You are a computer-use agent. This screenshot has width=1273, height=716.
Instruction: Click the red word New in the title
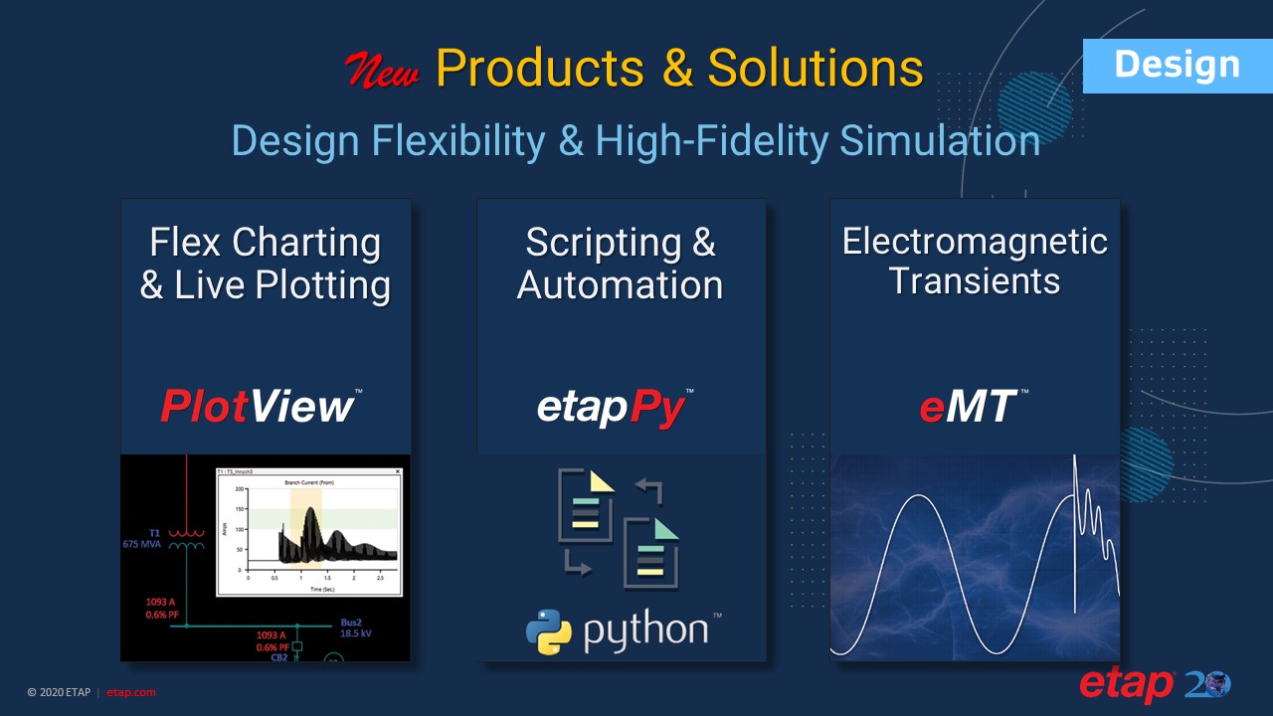click(x=382, y=71)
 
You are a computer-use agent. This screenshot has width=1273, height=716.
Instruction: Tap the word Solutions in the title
click(x=816, y=69)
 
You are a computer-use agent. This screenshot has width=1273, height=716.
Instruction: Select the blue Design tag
click(x=1177, y=66)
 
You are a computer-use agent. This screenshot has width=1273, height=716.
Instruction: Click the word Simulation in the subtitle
click(x=940, y=141)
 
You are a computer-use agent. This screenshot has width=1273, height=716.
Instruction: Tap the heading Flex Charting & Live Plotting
click(x=265, y=264)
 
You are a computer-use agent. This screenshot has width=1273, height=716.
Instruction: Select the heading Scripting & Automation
click(x=620, y=264)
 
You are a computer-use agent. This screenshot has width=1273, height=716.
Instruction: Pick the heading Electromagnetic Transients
click(x=975, y=261)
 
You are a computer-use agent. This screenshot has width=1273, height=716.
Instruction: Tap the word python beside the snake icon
click(x=646, y=630)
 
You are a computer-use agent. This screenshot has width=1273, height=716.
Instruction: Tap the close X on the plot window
click(x=398, y=471)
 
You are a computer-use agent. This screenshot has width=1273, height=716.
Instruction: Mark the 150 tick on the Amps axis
click(x=240, y=510)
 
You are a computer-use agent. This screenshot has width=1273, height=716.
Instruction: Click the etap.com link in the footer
click(x=130, y=692)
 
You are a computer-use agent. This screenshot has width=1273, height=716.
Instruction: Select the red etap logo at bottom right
click(x=1127, y=685)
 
